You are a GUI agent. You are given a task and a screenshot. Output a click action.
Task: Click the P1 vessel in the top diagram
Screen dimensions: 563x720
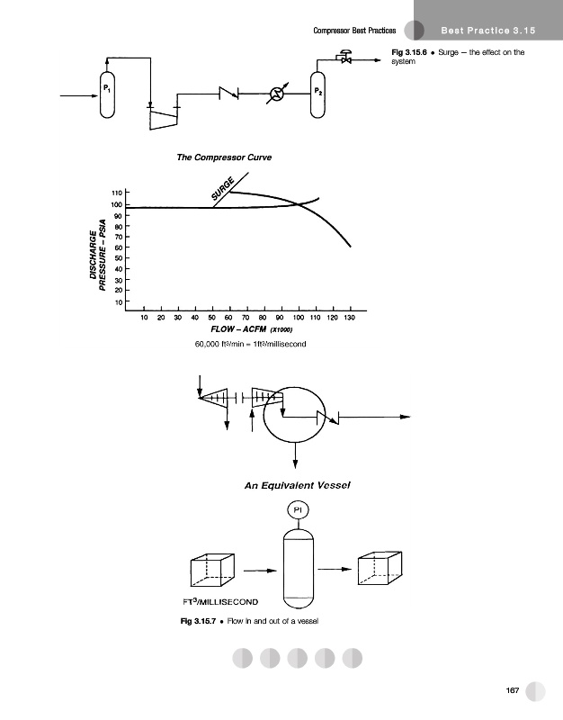tap(107, 94)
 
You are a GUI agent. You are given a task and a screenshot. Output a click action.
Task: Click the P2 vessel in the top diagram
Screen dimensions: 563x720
tap(317, 94)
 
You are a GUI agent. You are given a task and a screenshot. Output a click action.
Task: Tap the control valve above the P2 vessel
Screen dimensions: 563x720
tap(345, 57)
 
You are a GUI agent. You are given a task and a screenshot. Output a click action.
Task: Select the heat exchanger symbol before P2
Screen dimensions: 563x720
tap(277, 94)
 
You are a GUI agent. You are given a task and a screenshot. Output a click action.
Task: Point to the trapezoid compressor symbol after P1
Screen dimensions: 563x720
tap(164, 119)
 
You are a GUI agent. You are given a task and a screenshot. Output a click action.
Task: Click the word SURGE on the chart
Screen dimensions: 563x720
tap(223, 189)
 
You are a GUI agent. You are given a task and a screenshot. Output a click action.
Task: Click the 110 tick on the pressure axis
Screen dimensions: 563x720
tap(117, 193)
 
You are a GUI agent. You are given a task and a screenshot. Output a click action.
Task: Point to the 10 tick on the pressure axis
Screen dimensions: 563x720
tap(119, 302)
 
